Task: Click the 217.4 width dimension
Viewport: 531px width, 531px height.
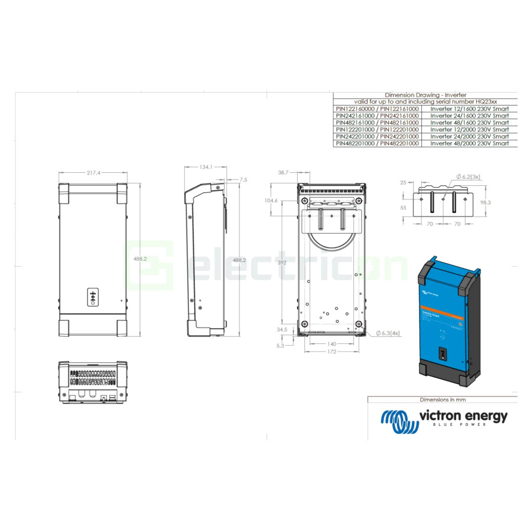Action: pyautogui.click(x=93, y=173)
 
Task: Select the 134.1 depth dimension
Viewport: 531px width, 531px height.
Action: pyautogui.click(x=205, y=168)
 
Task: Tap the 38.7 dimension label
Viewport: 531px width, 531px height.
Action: pyautogui.click(x=283, y=173)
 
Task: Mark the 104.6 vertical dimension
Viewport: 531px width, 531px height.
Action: pyautogui.click(x=271, y=201)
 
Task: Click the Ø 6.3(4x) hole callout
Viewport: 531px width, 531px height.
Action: pyautogui.click(x=388, y=333)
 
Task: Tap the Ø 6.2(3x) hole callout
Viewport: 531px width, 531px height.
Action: pyautogui.click(x=468, y=176)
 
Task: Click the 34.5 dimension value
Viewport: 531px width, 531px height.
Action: pyautogui.click(x=281, y=330)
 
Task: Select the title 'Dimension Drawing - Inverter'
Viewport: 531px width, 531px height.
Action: pyautogui.click(x=425, y=95)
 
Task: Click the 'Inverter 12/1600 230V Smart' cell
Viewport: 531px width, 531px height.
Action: pyautogui.click(x=469, y=109)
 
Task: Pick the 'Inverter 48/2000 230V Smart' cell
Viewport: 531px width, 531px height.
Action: pyautogui.click(x=469, y=143)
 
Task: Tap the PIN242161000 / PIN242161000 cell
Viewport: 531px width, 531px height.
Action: pyautogui.click(x=377, y=116)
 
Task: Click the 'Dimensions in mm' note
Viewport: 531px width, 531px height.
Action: pyautogui.click(x=442, y=399)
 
